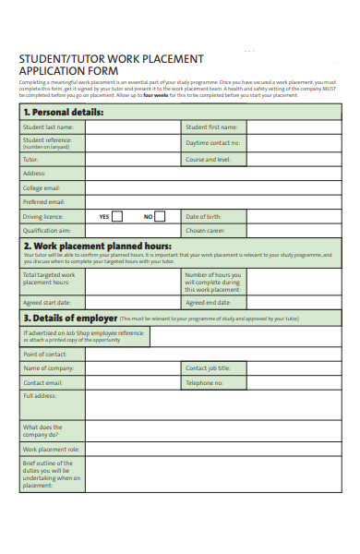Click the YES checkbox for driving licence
[117, 216]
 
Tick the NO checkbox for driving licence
[160, 216]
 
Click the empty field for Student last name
[132, 127]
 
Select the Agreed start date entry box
[132, 302]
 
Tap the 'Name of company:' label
[48, 367]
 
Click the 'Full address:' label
[40, 396]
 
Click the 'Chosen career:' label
[204, 231]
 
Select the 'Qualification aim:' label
[47, 231]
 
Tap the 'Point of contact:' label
[45, 354]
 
